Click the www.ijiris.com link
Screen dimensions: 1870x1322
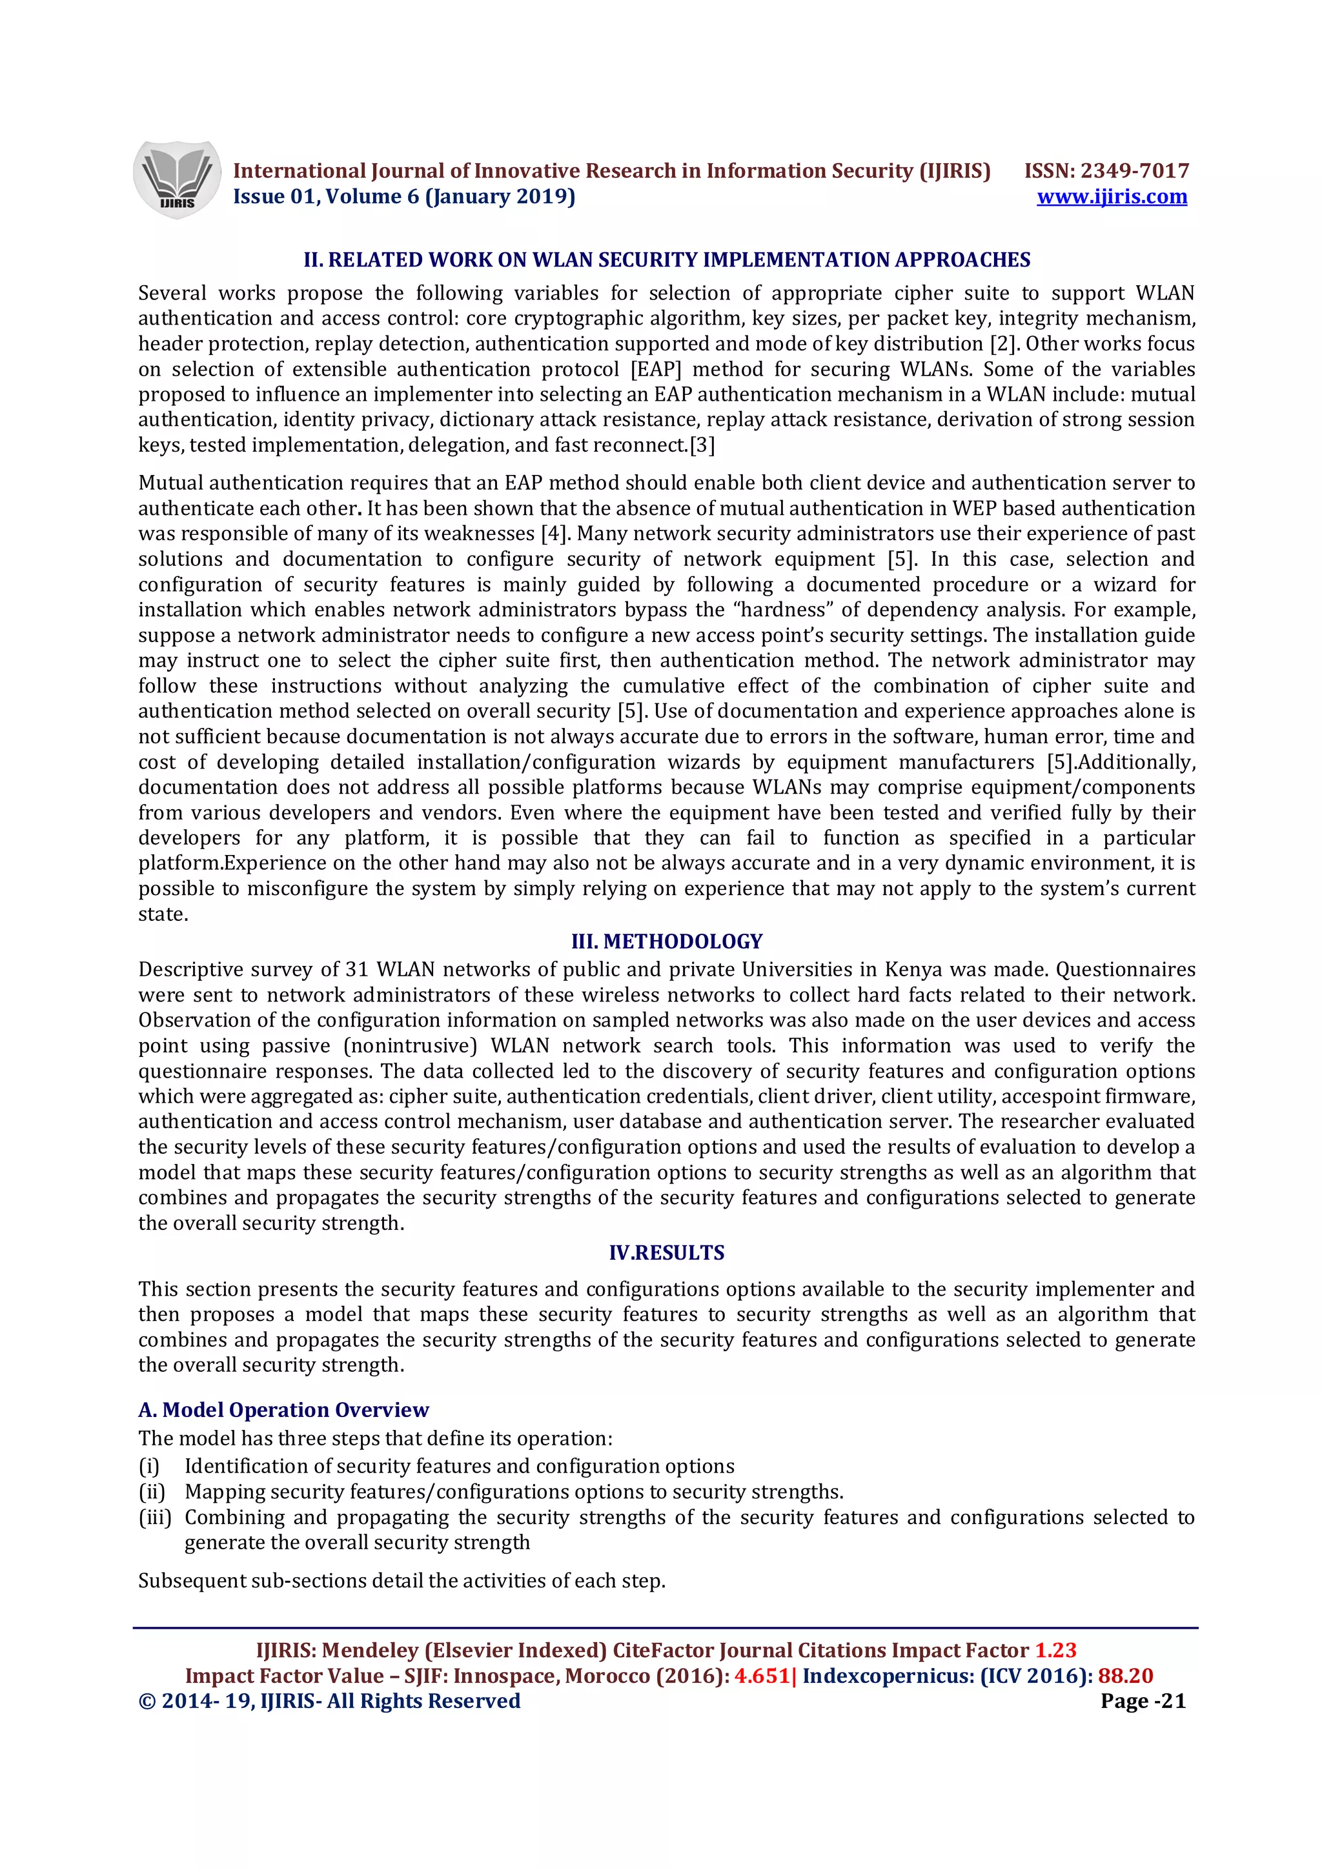point(1111,196)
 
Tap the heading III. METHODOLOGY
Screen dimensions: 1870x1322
point(666,941)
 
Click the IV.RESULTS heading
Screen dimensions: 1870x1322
point(666,1252)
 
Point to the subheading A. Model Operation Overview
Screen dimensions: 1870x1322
point(283,1409)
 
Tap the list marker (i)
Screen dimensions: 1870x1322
point(148,1466)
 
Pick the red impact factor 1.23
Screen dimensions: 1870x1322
point(1055,1650)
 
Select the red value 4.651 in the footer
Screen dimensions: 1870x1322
point(762,1675)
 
